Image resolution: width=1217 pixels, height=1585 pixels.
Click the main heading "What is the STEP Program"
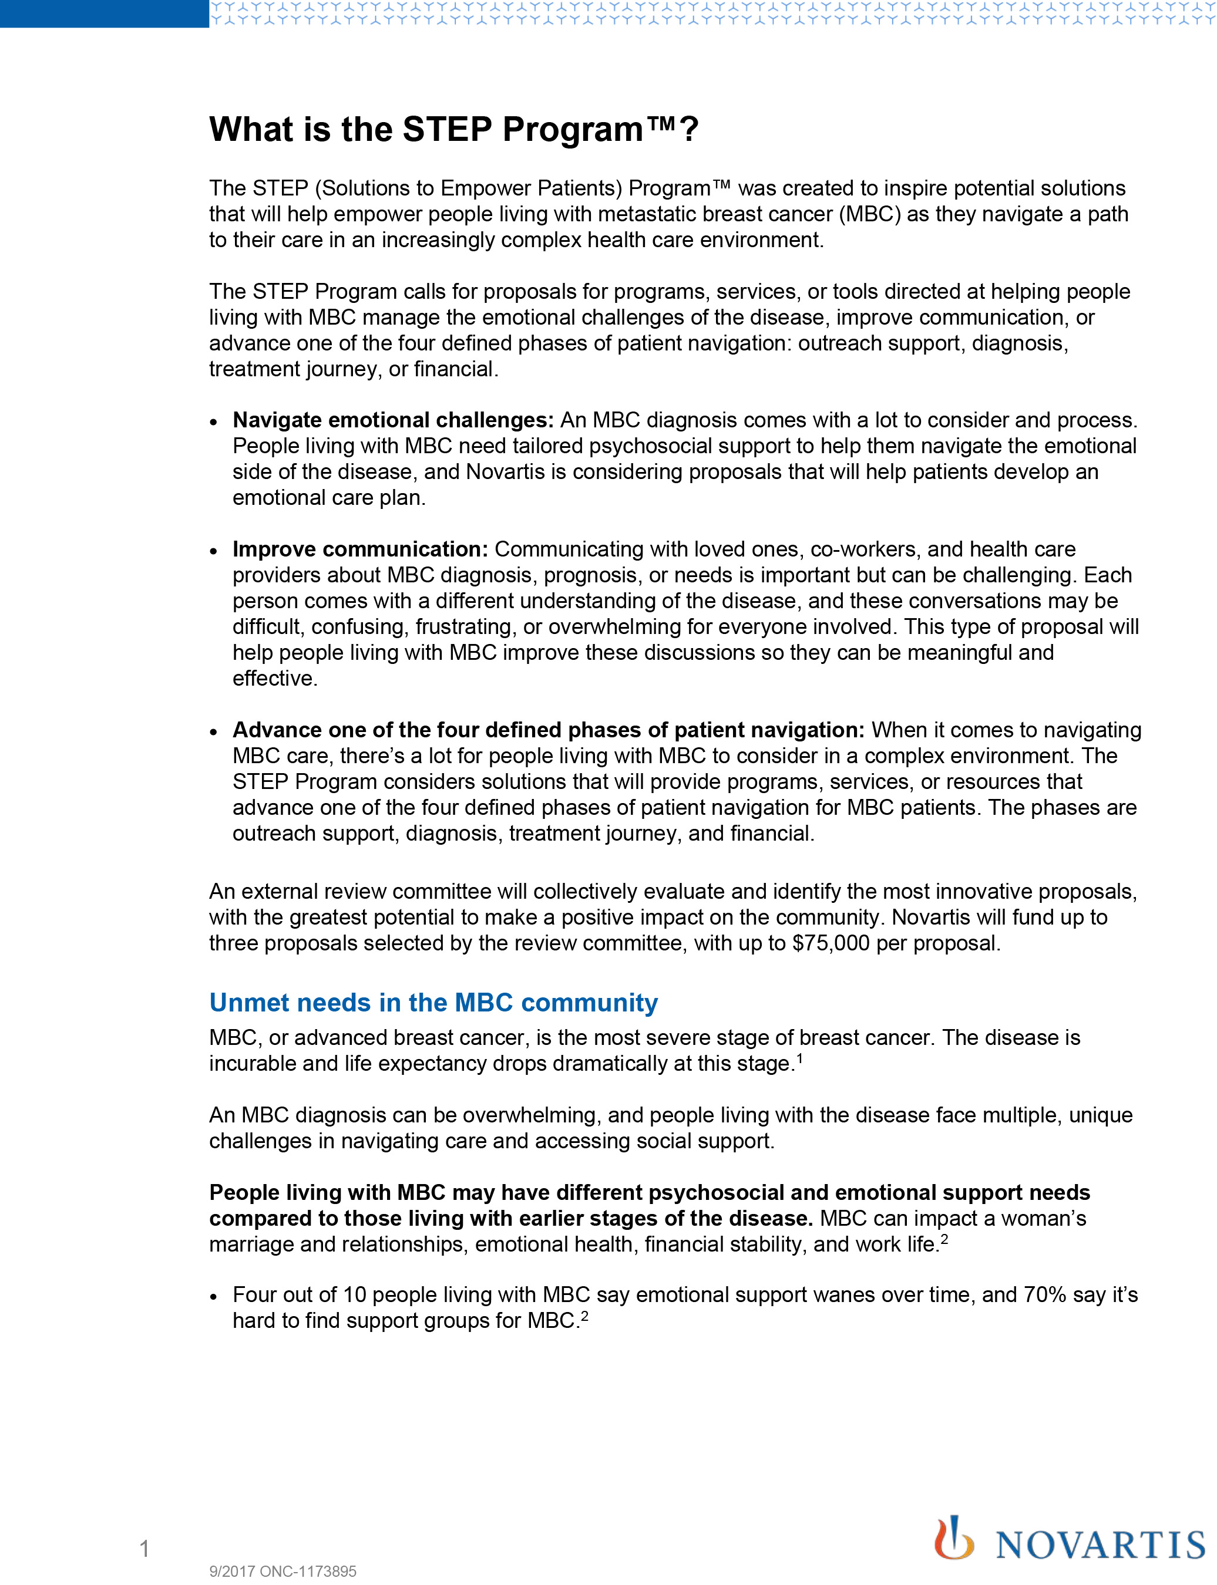[x=453, y=130]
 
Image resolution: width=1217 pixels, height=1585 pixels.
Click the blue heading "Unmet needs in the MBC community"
[x=433, y=1003]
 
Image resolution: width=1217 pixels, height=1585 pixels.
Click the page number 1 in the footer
[x=144, y=1548]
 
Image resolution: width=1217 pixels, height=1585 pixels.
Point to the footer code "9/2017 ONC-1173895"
[x=283, y=1571]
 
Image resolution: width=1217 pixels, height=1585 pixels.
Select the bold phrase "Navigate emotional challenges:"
[x=392, y=420]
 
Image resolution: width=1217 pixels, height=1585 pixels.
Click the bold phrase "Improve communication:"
[x=360, y=549]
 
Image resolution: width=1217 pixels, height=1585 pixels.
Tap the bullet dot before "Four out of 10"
[x=214, y=1297]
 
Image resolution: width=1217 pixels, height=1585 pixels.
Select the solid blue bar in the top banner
[x=105, y=14]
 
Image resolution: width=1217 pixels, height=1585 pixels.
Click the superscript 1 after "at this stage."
[x=800, y=1058]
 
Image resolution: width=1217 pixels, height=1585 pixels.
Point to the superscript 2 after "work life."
[x=944, y=1239]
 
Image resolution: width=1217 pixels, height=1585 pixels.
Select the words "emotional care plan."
[x=329, y=497]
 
